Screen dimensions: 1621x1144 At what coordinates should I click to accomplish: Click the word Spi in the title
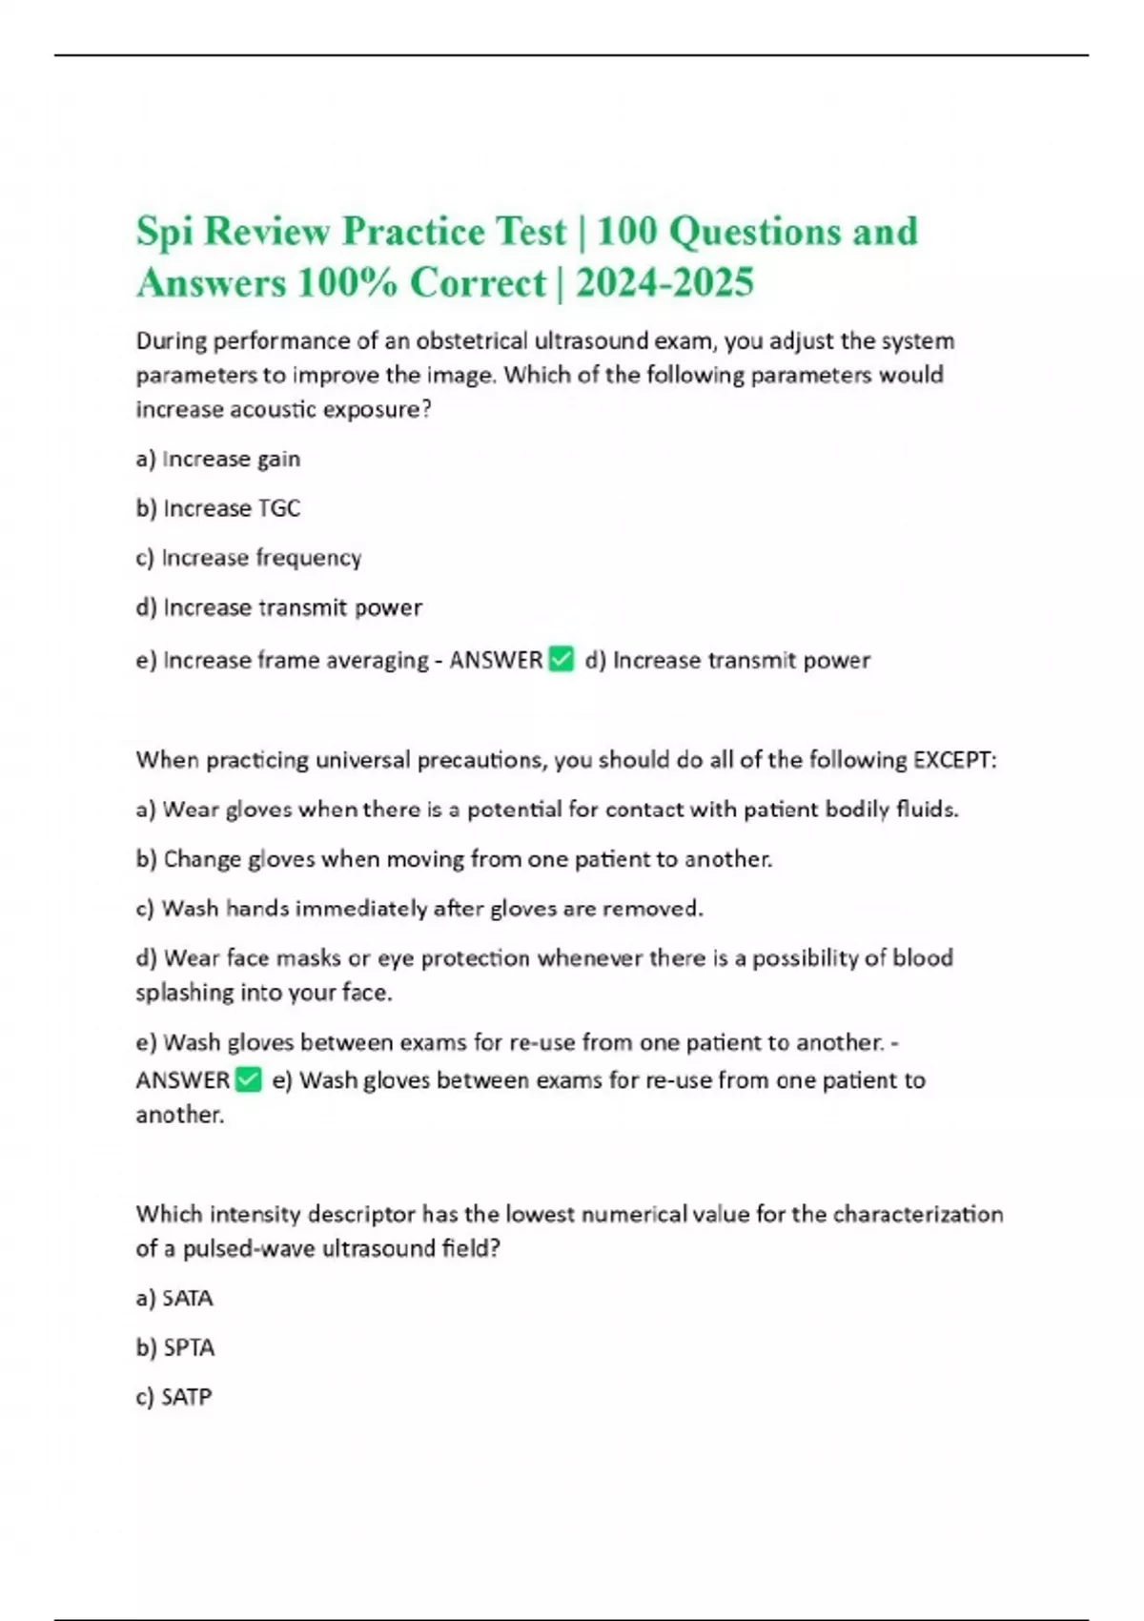[x=163, y=233]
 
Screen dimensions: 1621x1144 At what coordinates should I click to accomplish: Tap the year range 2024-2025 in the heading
[x=664, y=283]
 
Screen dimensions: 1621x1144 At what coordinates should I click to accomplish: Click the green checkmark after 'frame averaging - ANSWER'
[x=562, y=659]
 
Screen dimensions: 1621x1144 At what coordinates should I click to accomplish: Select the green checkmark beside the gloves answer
[x=248, y=1079]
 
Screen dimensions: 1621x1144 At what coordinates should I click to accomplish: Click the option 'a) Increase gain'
[x=218, y=460]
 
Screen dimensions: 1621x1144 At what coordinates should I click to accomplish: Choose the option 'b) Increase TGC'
[x=218, y=508]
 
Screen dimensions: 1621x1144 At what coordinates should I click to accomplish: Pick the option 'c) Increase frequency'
[x=249, y=558]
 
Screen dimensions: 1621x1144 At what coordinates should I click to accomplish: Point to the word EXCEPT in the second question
[x=952, y=760]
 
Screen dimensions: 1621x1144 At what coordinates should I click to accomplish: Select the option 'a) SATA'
[x=174, y=1299]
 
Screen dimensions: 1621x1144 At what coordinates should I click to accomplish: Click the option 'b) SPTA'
[x=175, y=1348]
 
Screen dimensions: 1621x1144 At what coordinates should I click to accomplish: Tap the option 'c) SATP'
[x=174, y=1397]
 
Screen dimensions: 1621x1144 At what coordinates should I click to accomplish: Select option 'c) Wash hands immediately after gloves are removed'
[x=419, y=909]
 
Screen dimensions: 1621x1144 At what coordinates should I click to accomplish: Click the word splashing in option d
[x=184, y=993]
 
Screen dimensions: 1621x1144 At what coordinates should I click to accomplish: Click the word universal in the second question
[x=363, y=760]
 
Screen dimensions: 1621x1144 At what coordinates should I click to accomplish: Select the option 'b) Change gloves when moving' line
[x=454, y=859]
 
